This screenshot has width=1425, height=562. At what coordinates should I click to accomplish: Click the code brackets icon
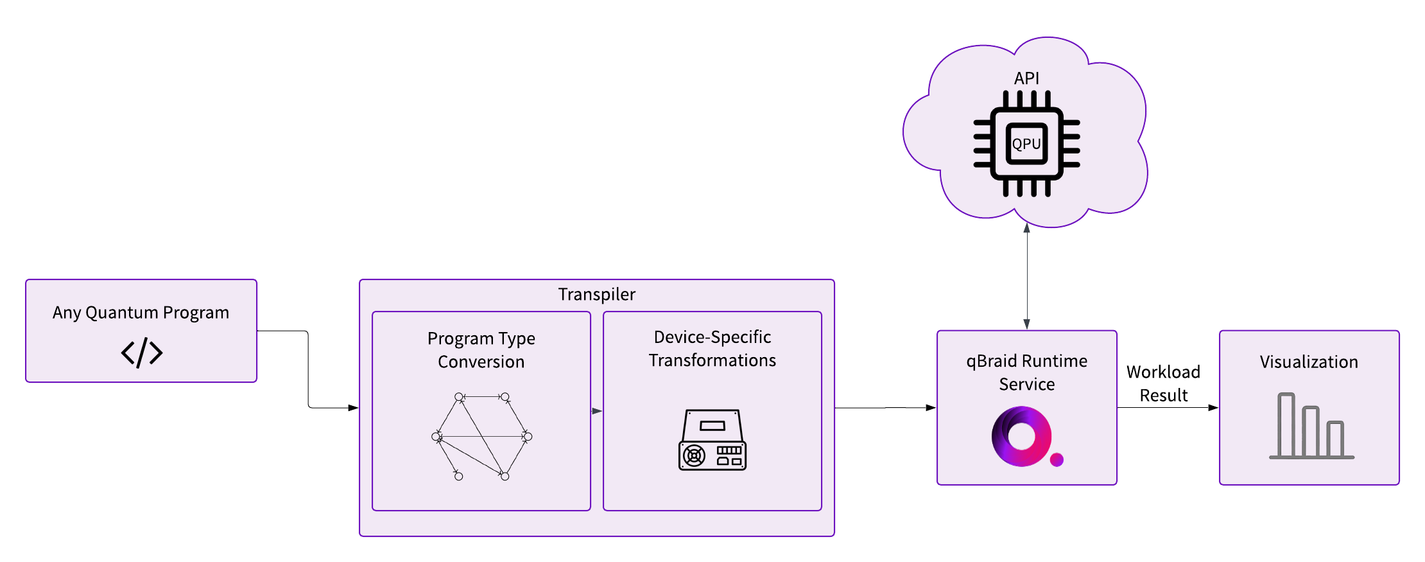[x=142, y=353]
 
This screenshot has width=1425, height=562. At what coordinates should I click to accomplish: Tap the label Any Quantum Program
[x=141, y=313]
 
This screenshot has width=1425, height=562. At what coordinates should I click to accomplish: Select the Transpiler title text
[x=596, y=294]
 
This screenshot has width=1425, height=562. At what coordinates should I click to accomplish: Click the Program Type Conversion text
[x=481, y=350]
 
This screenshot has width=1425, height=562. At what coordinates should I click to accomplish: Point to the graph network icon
[x=481, y=437]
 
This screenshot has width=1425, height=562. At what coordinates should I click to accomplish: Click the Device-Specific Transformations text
[x=712, y=349]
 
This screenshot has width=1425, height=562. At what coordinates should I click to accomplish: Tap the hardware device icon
[x=712, y=440]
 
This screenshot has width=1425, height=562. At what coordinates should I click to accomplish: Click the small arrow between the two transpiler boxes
[x=597, y=411]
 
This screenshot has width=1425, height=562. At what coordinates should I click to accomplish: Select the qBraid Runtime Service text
[x=1027, y=373]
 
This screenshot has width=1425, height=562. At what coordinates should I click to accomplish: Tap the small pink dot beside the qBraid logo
[x=1057, y=459]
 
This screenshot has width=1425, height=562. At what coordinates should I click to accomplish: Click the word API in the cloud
[x=1026, y=78]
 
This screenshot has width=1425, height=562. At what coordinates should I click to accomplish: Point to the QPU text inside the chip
[x=1026, y=144]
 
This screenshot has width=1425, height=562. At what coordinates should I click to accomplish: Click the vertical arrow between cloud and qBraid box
[x=1027, y=276]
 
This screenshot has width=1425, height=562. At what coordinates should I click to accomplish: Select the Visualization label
[x=1309, y=362]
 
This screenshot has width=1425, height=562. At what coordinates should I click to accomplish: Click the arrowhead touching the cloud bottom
[x=1027, y=228]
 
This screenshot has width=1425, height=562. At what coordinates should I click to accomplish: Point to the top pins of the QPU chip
[x=1026, y=100]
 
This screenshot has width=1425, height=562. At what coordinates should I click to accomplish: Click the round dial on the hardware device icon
[x=694, y=456]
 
